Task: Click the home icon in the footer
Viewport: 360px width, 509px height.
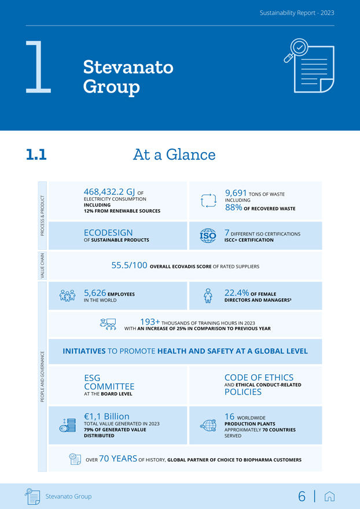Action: pos(330,496)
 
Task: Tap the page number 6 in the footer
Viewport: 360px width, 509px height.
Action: pos(302,496)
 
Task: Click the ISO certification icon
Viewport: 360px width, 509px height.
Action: pos(208,235)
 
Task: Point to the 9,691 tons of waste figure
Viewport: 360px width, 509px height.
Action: pos(236,193)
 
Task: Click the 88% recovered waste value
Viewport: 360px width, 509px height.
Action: pos(233,207)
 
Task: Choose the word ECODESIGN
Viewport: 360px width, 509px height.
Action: pos(108,233)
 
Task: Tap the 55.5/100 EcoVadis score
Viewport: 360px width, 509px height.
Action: pos(129,265)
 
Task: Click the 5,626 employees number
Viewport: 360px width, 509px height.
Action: pos(95,293)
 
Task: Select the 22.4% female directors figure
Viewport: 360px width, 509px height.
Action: pos(237,293)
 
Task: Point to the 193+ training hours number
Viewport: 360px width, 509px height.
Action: pos(150,322)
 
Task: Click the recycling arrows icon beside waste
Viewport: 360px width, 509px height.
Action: pos(208,200)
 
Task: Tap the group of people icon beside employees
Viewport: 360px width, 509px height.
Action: pos(68,296)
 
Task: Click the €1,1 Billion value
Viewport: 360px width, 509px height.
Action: pos(106,416)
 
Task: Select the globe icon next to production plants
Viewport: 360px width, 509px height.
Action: pos(208,425)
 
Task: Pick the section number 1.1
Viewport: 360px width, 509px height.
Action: pos(36,154)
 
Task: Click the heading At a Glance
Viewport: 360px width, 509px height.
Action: pos(174,154)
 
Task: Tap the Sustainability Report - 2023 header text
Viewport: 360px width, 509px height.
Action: pos(296,13)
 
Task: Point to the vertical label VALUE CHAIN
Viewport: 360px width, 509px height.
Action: pos(42,265)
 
